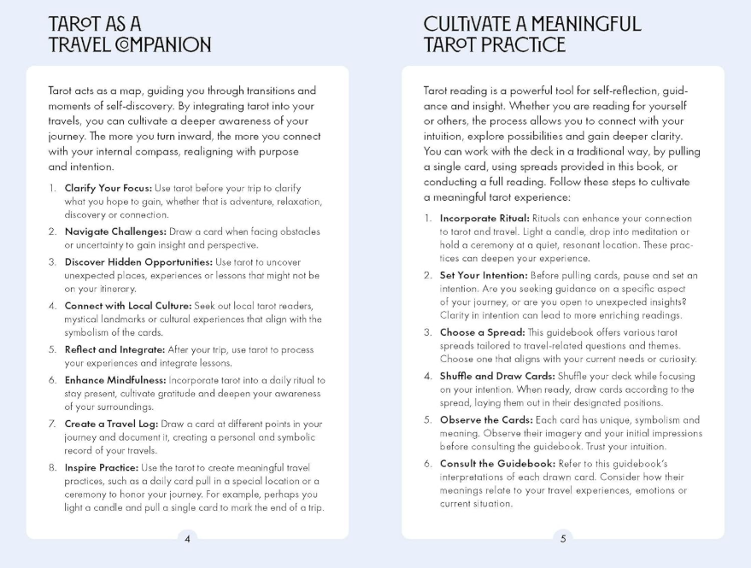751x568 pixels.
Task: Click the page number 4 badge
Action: [187, 538]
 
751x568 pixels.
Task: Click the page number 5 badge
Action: [562, 538]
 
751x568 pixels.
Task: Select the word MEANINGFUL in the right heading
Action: [581, 25]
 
